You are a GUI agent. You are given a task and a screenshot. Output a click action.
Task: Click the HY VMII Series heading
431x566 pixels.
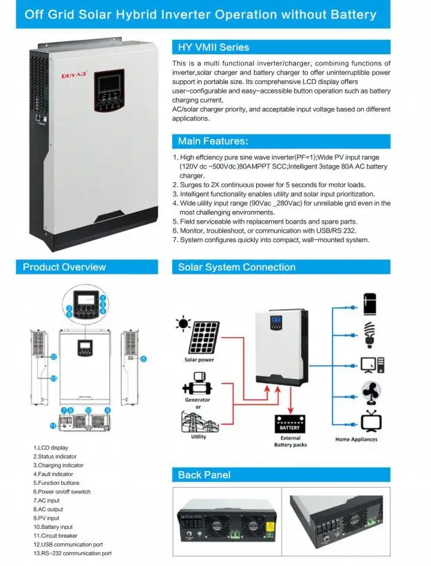coord(213,47)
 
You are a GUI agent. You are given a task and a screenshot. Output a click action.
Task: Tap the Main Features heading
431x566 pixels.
coord(213,141)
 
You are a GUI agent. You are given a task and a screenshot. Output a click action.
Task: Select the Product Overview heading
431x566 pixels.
coord(64,267)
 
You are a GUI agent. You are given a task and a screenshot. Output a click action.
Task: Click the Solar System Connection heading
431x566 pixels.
coord(236,267)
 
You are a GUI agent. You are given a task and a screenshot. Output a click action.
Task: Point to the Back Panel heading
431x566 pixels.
coord(204,475)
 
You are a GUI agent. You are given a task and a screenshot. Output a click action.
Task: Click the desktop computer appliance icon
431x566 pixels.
coord(371,362)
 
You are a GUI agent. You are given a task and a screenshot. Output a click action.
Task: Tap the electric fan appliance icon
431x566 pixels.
coord(372,393)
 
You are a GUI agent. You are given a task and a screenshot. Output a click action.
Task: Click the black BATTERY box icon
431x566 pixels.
coord(290,423)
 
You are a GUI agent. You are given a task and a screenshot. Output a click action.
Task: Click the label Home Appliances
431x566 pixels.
coord(356,439)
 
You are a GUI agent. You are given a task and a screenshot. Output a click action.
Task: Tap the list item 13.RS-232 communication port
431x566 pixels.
coord(72,553)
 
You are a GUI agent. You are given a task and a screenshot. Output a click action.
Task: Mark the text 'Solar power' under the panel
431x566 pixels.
coord(198,360)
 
